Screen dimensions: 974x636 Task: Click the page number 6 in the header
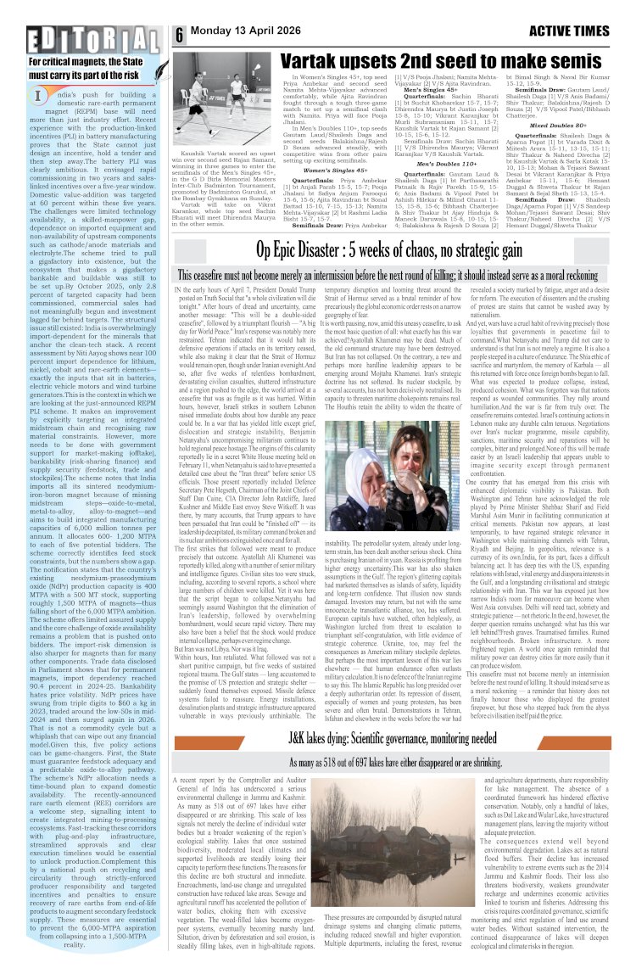(180, 36)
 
